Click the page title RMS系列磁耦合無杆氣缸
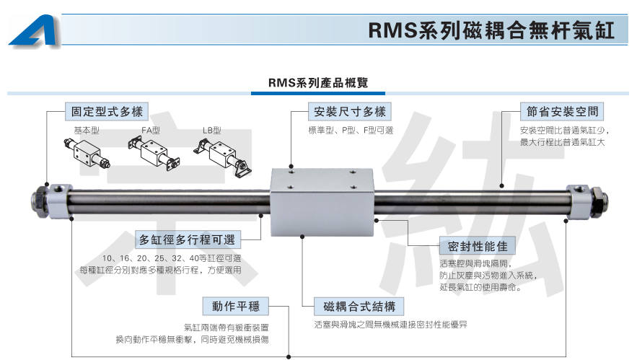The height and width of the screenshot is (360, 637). pyautogui.click(x=490, y=31)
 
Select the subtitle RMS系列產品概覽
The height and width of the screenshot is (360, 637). pyautogui.click(x=318, y=83)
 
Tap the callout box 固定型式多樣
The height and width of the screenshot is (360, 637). pyautogui.click(x=106, y=112)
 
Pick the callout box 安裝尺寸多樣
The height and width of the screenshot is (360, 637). pyautogui.click(x=350, y=112)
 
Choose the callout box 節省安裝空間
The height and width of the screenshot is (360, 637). pyautogui.click(x=561, y=112)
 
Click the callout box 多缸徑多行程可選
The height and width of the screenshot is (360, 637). pyautogui.click(x=189, y=240)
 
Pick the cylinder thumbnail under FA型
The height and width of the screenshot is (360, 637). pyautogui.click(x=152, y=154)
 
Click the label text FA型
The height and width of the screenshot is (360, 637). pyautogui.click(x=151, y=131)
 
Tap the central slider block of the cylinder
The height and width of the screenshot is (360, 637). pyautogui.click(x=322, y=202)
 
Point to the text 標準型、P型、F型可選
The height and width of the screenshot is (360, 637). pyautogui.click(x=351, y=131)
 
